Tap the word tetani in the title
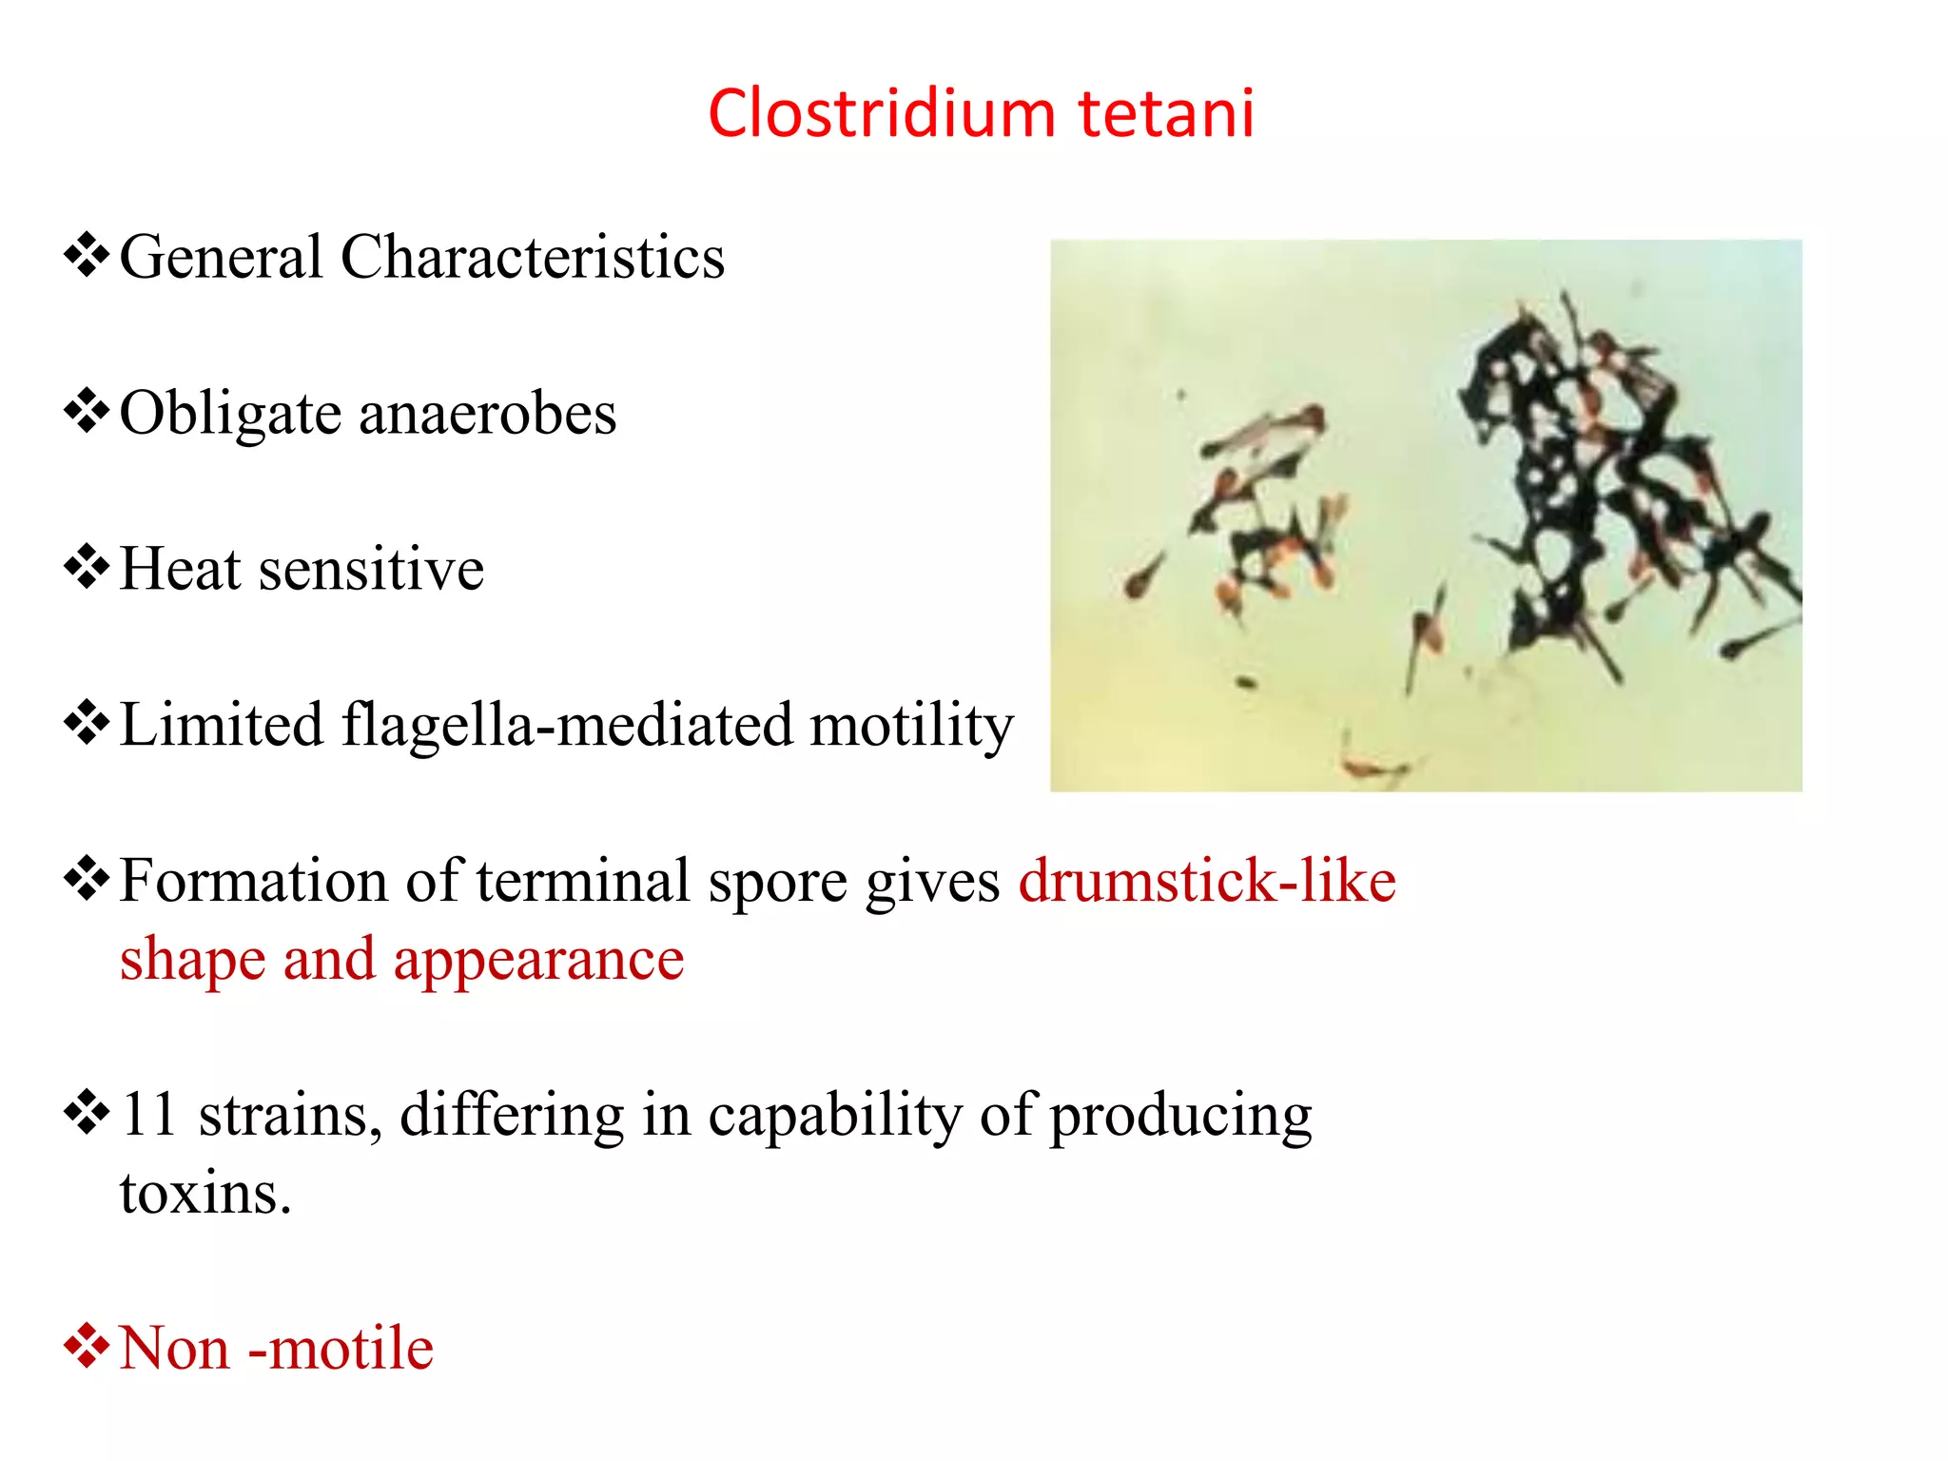click(x=1166, y=113)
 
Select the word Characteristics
click(x=533, y=257)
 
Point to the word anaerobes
click(x=488, y=414)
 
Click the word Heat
click(x=180, y=569)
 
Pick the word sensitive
click(x=371, y=569)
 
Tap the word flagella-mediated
click(x=566, y=725)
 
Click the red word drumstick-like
click(x=1206, y=880)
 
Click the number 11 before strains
click(x=149, y=1114)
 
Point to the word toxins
click(x=205, y=1193)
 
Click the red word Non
click(x=174, y=1348)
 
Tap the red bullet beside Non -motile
click(x=87, y=1346)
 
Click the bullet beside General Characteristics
click(x=87, y=255)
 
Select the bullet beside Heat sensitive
click(x=87, y=567)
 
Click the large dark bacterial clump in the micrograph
click(x=1560, y=476)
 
